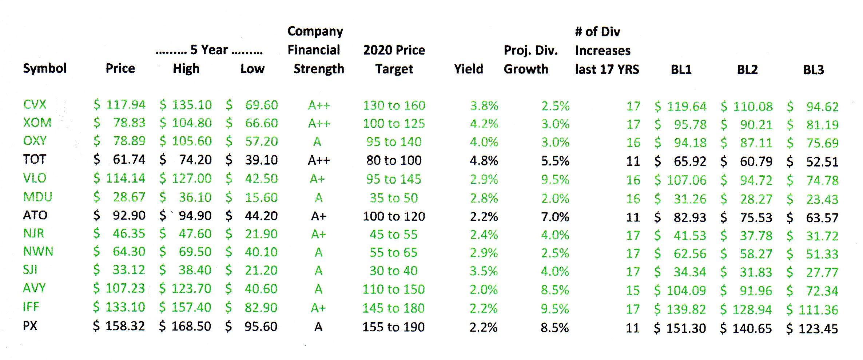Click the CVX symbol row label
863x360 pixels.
35,105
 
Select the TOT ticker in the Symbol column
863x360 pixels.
35,159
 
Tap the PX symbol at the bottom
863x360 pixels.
30,325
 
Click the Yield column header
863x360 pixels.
468,69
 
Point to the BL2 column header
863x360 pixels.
747,70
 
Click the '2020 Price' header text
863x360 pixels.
394,50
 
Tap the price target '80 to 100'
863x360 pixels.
394,160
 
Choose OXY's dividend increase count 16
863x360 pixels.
633,143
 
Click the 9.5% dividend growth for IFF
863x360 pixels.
554,309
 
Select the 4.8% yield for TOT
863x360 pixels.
484,161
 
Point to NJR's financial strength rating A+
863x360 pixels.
318,235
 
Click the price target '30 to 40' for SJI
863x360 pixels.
393,271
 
